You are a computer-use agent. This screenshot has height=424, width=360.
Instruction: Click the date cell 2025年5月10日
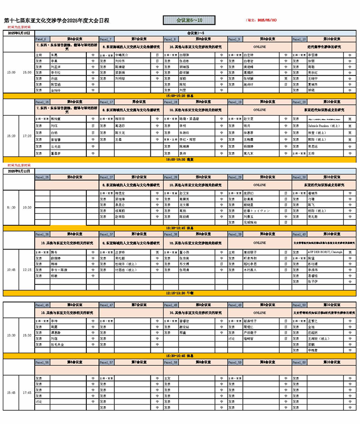coord(19,33)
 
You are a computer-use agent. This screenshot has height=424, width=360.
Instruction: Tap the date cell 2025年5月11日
coord(19,171)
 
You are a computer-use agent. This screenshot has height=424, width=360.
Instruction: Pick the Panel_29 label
coord(235,177)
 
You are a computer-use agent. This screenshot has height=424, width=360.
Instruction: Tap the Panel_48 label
coord(171,305)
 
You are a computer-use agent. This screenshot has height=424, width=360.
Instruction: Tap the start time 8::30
coord(11,207)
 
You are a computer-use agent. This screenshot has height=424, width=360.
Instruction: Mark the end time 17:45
coord(27,393)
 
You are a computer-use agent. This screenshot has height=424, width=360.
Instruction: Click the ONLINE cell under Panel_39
coord(259,242)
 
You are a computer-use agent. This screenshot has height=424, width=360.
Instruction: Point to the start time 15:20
coord(11,136)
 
